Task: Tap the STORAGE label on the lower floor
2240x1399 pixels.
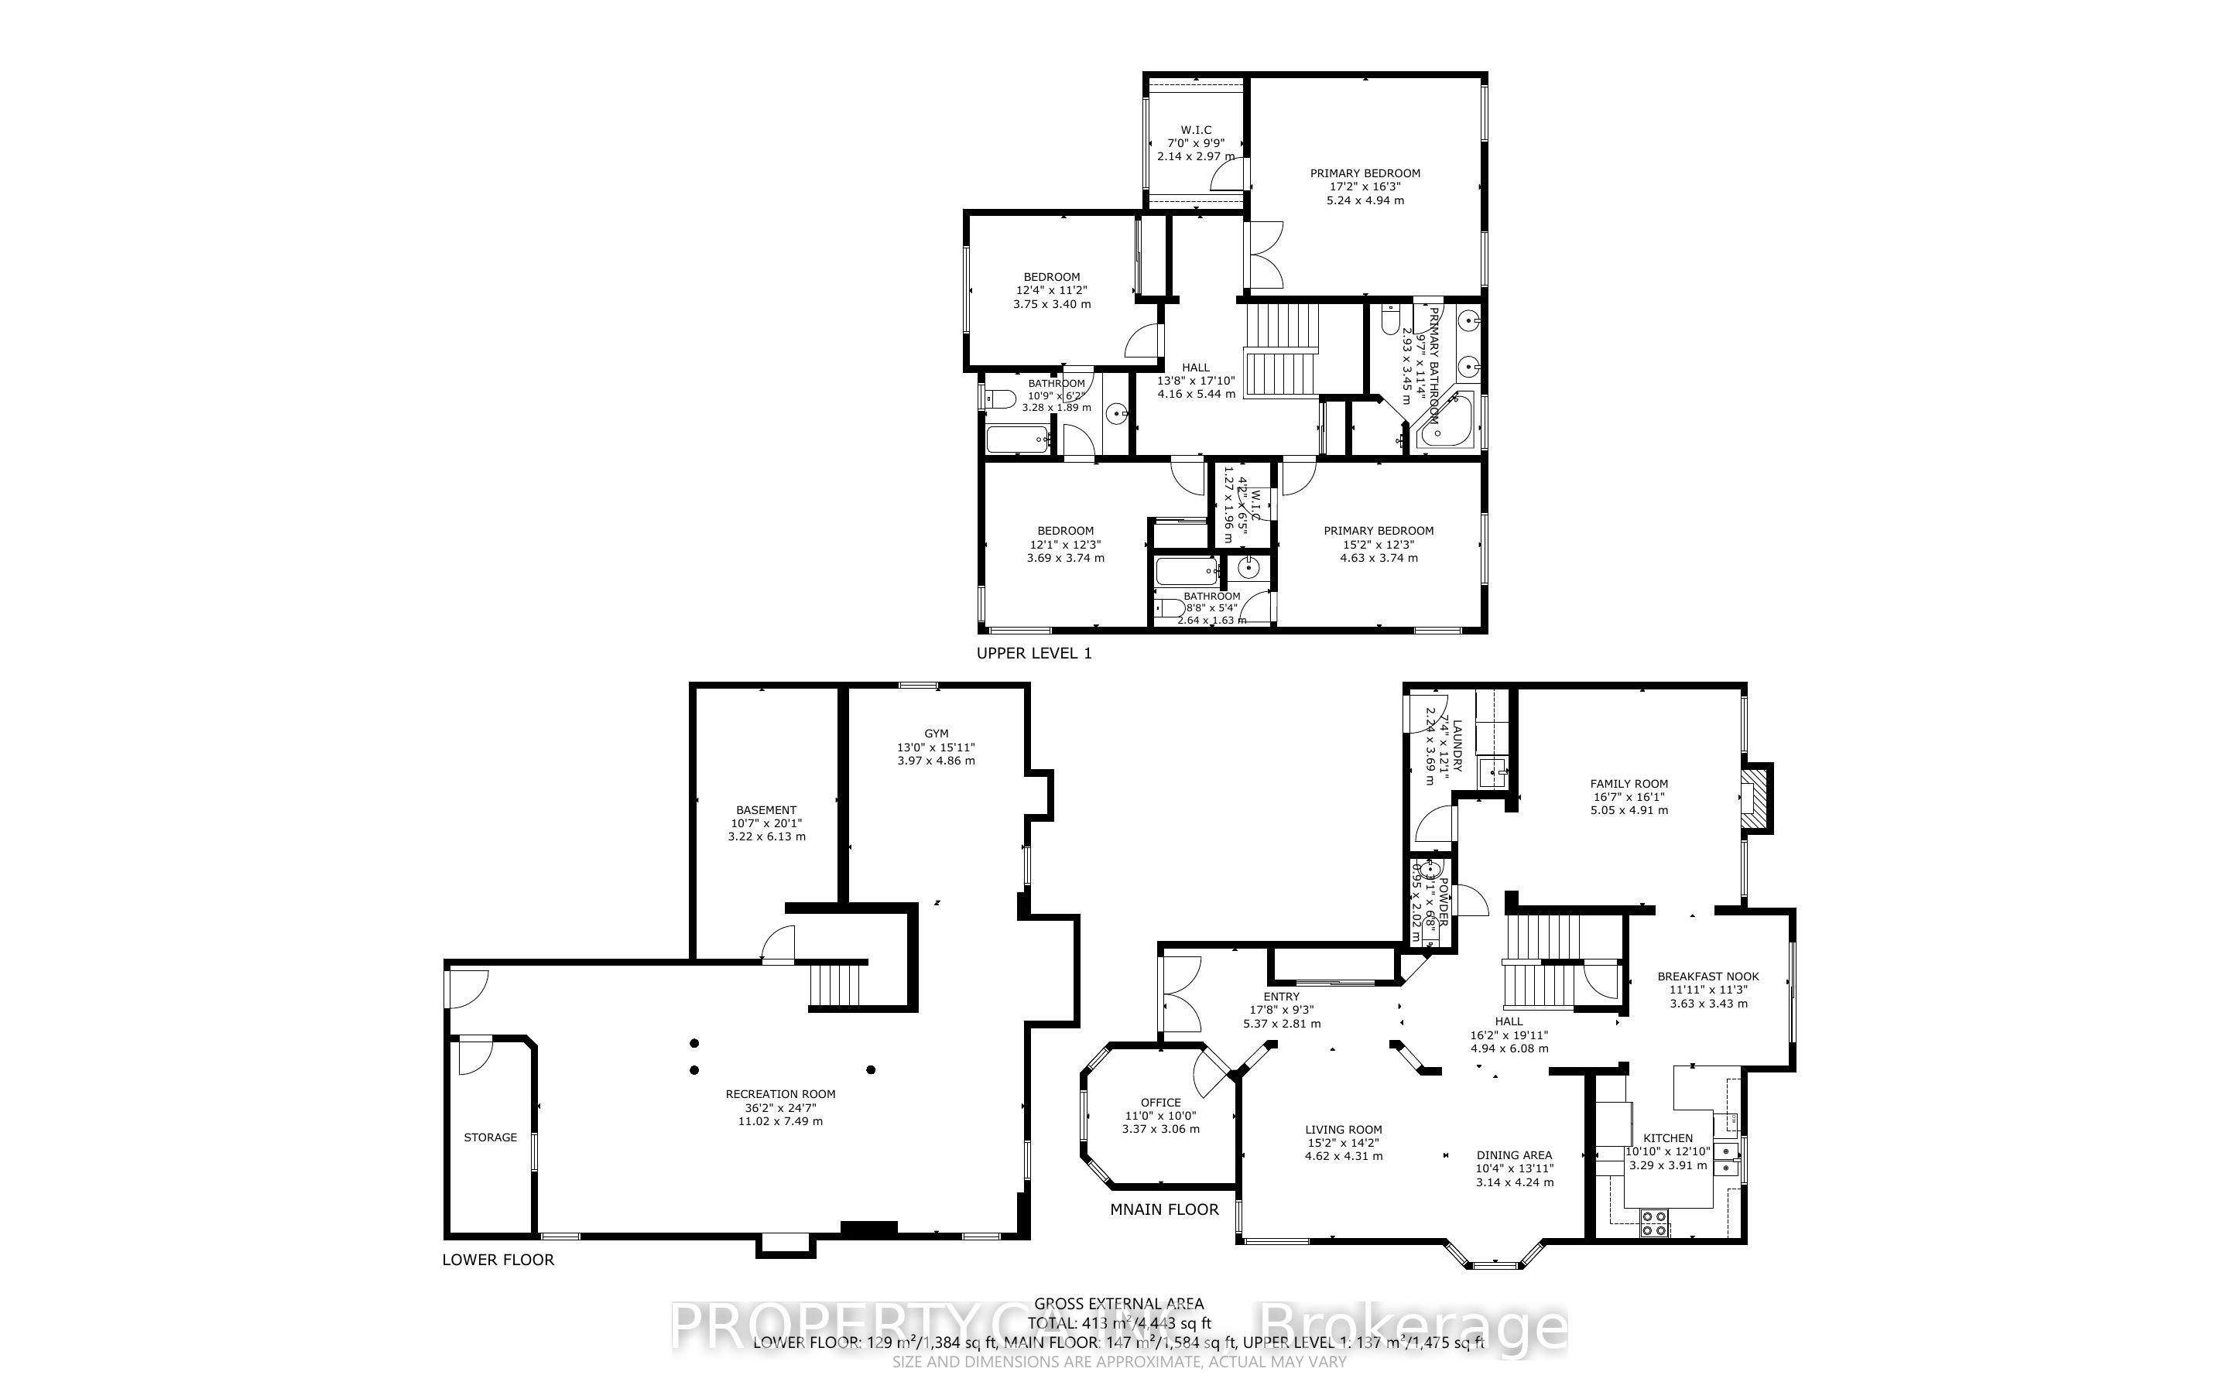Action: point(491,1137)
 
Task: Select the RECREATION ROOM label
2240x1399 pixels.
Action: point(780,1093)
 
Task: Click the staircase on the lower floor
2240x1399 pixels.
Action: point(834,985)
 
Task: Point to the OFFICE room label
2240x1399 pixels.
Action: point(1160,1102)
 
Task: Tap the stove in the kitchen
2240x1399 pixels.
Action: point(1653,1223)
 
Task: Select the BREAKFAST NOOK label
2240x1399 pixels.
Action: point(1708,977)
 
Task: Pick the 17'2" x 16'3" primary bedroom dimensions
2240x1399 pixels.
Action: point(1365,186)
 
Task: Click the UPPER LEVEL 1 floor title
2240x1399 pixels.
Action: point(1033,653)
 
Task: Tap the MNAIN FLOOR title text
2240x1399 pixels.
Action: point(1164,1209)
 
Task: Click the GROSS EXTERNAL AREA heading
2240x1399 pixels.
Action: point(1118,1305)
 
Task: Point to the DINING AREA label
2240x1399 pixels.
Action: point(1514,1154)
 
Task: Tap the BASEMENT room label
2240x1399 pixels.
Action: point(766,809)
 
